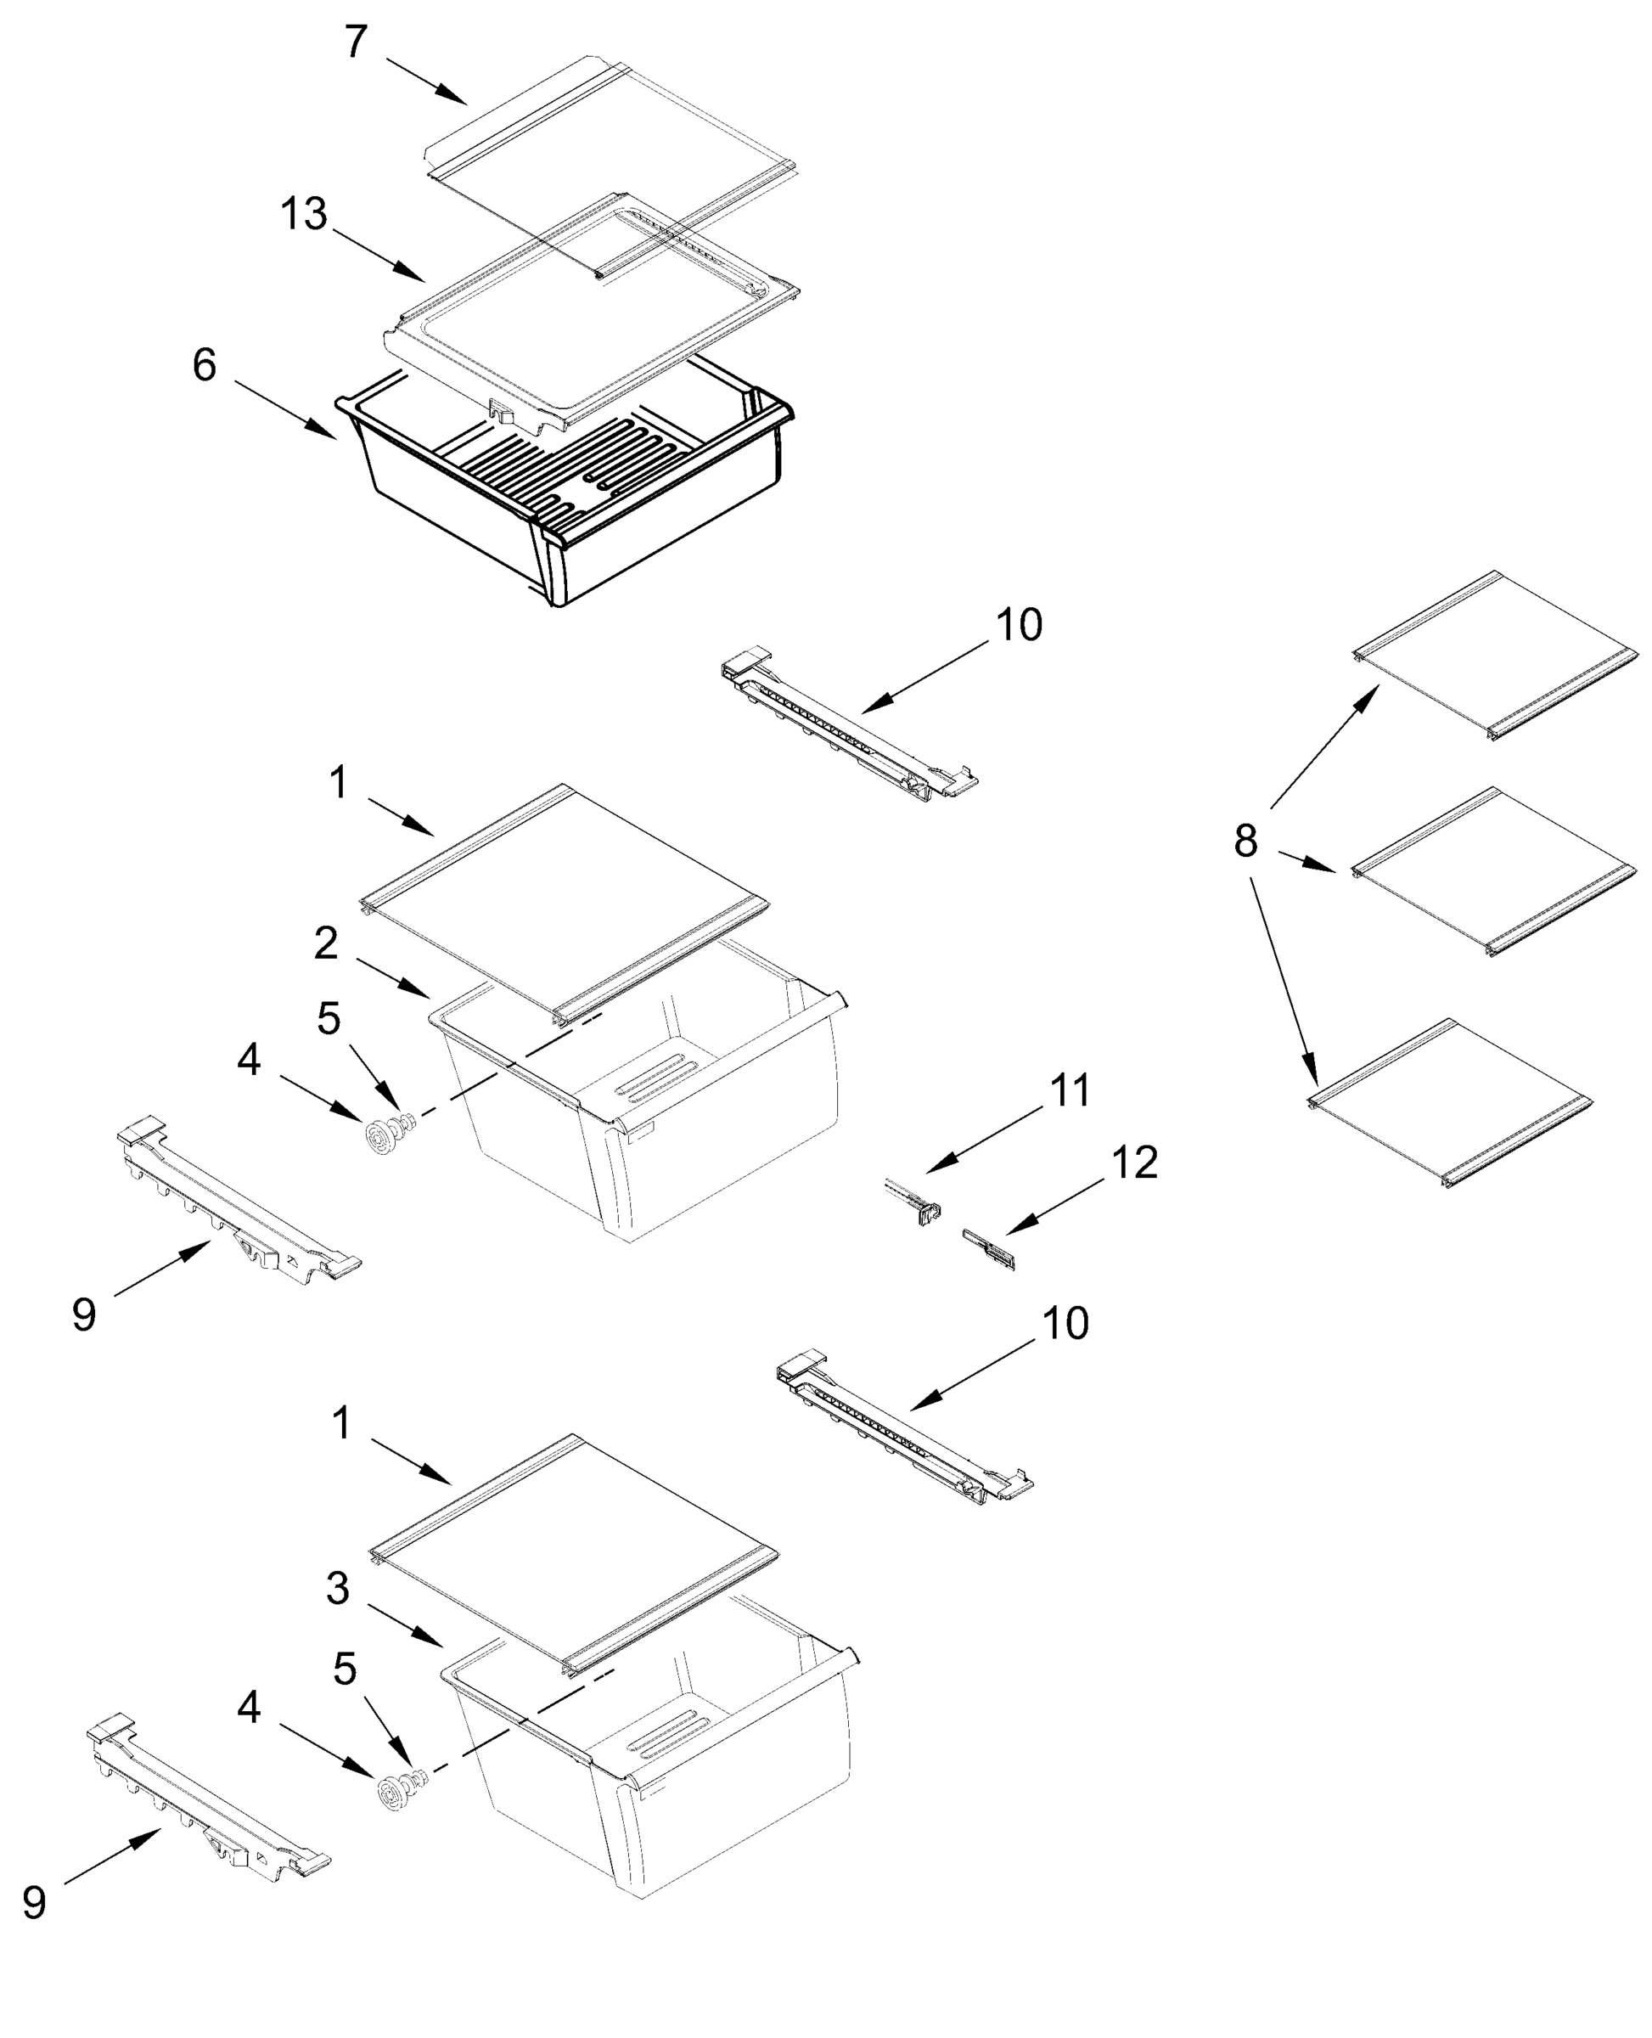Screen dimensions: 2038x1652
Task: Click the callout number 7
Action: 355,42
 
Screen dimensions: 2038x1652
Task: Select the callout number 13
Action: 304,214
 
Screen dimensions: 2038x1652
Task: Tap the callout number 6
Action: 205,364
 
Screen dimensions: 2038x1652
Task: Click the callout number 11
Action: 1070,1091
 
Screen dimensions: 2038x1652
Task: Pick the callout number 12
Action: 1134,1163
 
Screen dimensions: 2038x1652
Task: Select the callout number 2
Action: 325,943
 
